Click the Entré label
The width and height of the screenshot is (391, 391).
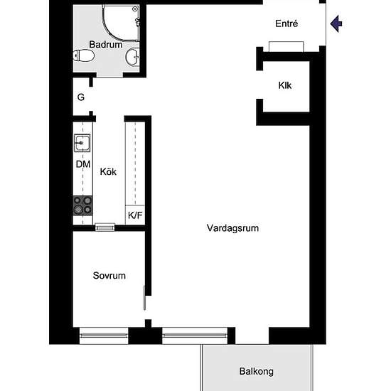pos(286,23)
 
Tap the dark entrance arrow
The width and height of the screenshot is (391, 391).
pos(336,24)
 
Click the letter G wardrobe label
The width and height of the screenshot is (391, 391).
pos(81,97)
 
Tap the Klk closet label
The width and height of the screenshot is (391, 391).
pos(285,86)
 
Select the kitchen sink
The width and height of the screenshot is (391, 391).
pos(82,143)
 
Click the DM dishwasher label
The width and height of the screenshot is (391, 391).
pos(83,165)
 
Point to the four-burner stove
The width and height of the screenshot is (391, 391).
pos(82,205)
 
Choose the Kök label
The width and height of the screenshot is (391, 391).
pos(108,171)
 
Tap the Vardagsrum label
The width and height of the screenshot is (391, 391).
pos(232,229)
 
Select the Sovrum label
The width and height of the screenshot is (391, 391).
pos(109,275)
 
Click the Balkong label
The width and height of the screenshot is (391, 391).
pos(256,371)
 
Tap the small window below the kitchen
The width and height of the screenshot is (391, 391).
pos(105,227)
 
